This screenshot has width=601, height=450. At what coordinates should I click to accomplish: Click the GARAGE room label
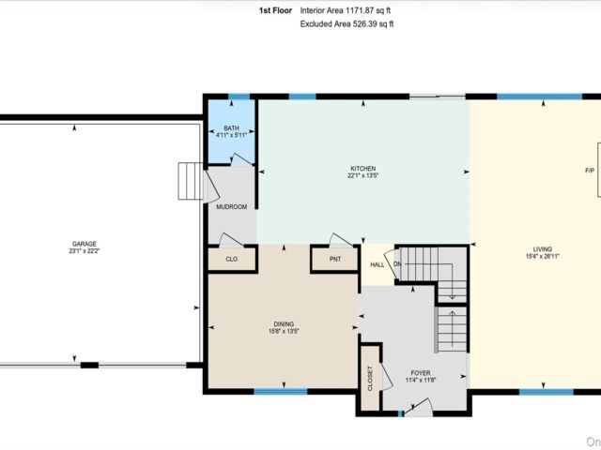pyautogui.click(x=85, y=244)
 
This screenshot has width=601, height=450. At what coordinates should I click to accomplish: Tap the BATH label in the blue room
pyautogui.click(x=232, y=128)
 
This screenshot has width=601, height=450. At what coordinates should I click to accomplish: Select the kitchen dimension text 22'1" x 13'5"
pyautogui.click(x=363, y=175)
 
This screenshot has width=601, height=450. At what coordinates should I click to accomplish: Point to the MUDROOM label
pyautogui.click(x=232, y=207)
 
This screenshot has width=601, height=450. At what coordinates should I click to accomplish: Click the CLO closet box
pyautogui.click(x=232, y=259)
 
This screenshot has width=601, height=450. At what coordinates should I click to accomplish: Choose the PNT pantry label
pyautogui.click(x=335, y=259)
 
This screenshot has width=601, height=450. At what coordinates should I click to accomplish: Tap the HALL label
pyautogui.click(x=378, y=264)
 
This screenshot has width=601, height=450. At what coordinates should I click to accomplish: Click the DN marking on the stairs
pyautogui.click(x=397, y=264)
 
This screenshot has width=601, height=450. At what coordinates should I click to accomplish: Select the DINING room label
pyautogui.click(x=284, y=324)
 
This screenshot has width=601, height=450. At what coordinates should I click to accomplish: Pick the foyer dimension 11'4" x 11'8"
pyautogui.click(x=421, y=380)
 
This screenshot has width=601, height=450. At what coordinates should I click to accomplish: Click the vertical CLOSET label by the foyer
pyautogui.click(x=370, y=379)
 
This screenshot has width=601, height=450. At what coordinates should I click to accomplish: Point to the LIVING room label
pyautogui.click(x=543, y=249)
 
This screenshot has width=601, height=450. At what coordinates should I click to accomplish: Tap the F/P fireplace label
pyautogui.click(x=590, y=171)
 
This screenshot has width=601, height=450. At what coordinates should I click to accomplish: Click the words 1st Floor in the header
pyautogui.click(x=275, y=10)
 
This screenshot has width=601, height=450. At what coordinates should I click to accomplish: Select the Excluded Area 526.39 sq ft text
pyautogui.click(x=347, y=24)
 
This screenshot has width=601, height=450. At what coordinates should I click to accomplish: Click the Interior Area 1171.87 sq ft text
pyautogui.click(x=346, y=10)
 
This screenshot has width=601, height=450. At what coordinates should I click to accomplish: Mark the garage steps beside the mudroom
pyautogui.click(x=190, y=181)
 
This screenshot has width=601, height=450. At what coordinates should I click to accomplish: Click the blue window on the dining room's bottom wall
pyautogui.click(x=281, y=392)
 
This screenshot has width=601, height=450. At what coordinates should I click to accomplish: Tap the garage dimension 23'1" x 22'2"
pyautogui.click(x=85, y=251)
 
